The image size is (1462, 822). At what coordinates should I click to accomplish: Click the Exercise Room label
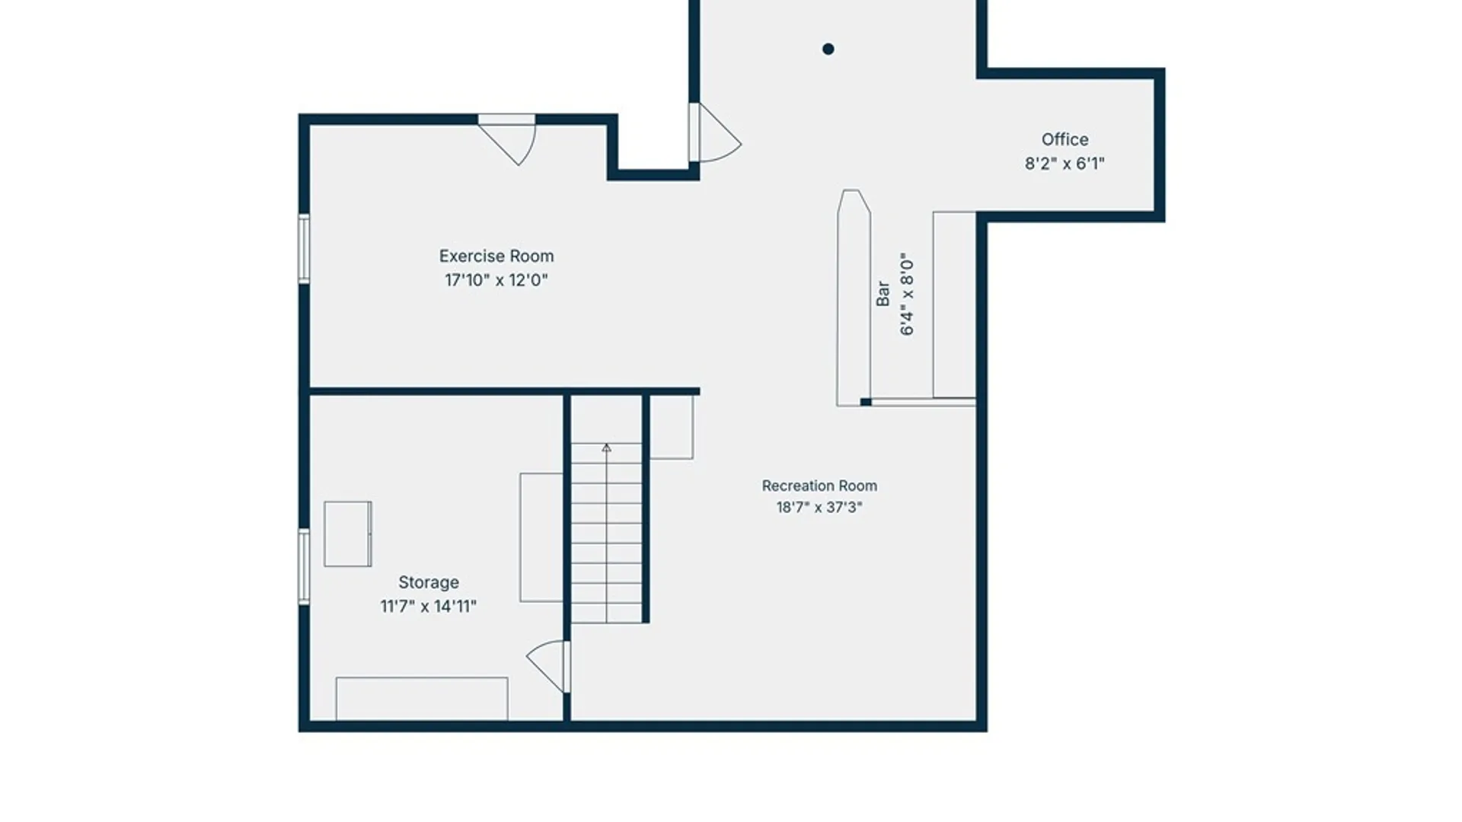pyautogui.click(x=496, y=256)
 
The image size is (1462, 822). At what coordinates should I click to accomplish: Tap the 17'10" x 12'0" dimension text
pyautogui.click(x=496, y=280)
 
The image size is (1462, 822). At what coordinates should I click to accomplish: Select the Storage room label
pyautogui.click(x=429, y=582)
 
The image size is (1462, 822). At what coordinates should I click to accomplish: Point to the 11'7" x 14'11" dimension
pyautogui.click(x=429, y=607)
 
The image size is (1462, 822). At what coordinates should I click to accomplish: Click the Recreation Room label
pyautogui.click(x=819, y=486)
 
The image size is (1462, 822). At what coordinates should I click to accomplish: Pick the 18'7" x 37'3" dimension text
pyautogui.click(x=819, y=508)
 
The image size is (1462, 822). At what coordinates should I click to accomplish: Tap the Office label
pyautogui.click(x=1065, y=139)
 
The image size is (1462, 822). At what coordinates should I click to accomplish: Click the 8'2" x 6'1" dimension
pyautogui.click(x=1065, y=164)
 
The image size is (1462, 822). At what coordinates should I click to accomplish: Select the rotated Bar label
pyautogui.click(x=883, y=294)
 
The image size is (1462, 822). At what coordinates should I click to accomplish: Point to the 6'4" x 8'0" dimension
pyautogui.click(x=907, y=294)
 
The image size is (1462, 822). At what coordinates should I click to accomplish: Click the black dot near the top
pyautogui.click(x=828, y=49)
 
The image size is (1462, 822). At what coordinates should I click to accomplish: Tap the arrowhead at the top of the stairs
pyautogui.click(x=606, y=448)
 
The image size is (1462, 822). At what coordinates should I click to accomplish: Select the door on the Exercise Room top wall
pyautogui.click(x=507, y=140)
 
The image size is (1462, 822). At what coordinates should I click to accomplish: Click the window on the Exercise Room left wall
pyautogui.click(x=304, y=249)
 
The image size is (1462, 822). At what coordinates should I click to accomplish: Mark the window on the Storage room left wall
pyautogui.click(x=304, y=567)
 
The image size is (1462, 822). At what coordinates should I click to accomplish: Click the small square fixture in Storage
pyautogui.click(x=348, y=534)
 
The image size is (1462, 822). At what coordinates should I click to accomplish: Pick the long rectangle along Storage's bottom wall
pyautogui.click(x=422, y=699)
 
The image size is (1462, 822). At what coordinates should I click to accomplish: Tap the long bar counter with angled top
pyautogui.click(x=854, y=298)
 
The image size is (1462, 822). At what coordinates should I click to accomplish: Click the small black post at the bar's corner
pyautogui.click(x=866, y=402)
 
